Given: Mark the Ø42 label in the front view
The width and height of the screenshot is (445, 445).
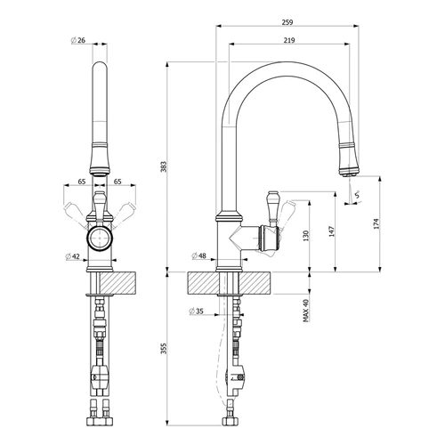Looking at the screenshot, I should pyautogui.click(x=73, y=257).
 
